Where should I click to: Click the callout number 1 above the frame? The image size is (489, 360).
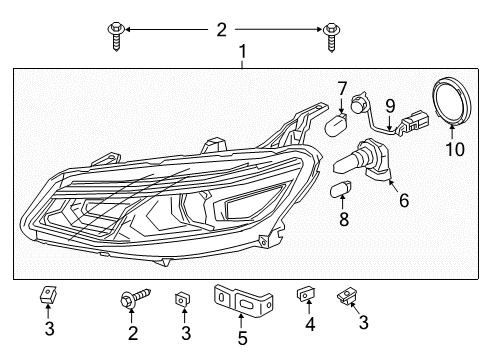click(x=241, y=50)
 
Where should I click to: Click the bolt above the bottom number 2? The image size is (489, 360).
click(x=134, y=297)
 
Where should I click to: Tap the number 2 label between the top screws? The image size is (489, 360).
click(x=221, y=30)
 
